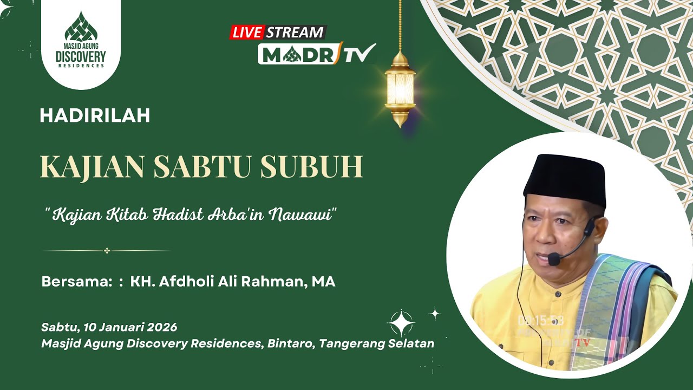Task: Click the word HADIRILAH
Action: click(95, 115)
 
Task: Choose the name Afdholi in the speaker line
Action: click(181, 282)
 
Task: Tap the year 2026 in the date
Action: click(162, 327)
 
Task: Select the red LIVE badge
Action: click(247, 32)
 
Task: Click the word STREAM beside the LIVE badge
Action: click(295, 32)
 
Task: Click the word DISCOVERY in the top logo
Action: click(81, 56)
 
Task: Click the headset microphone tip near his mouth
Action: click(553, 259)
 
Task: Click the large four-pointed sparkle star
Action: click(401, 323)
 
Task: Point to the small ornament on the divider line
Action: click(107, 251)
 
